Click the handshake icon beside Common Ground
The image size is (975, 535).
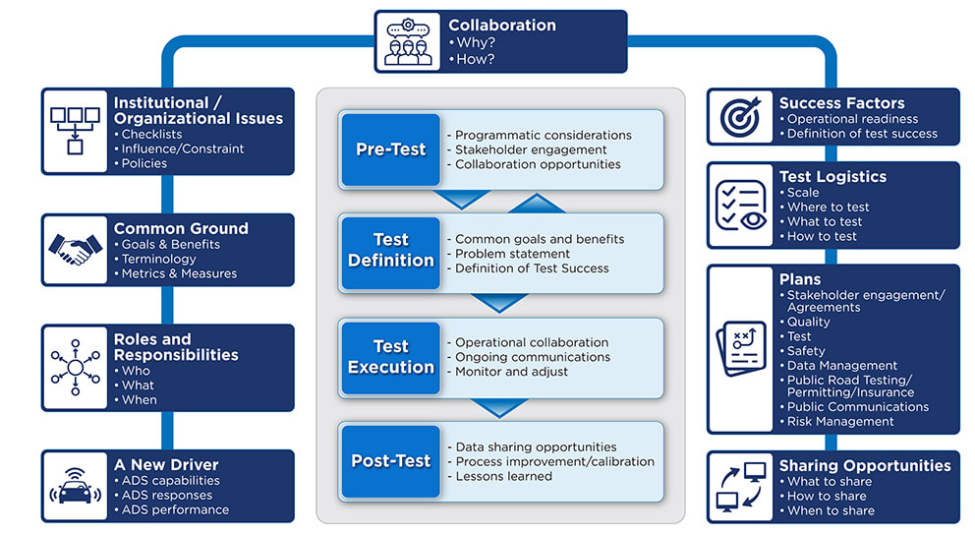(x=76, y=250)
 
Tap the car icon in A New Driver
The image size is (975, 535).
(x=76, y=486)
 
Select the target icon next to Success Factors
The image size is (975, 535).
(x=740, y=116)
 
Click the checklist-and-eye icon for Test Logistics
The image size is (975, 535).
(x=740, y=205)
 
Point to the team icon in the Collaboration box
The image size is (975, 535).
(x=408, y=41)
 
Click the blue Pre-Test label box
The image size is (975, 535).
(x=391, y=149)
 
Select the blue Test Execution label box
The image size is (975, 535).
(x=391, y=357)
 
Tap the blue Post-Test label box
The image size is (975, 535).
(x=391, y=461)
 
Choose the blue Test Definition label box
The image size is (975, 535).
(x=391, y=251)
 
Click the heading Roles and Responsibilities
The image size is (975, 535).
(x=176, y=347)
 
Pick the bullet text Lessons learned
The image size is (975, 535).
(x=503, y=477)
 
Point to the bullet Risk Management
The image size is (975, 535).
(x=840, y=422)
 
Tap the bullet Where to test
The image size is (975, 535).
(x=828, y=208)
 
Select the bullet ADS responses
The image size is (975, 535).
(x=167, y=496)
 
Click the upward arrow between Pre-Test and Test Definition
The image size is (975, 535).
(x=537, y=204)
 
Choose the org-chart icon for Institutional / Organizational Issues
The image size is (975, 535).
(x=76, y=131)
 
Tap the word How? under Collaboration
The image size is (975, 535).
(x=475, y=59)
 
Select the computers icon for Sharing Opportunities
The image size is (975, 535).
(x=740, y=487)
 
